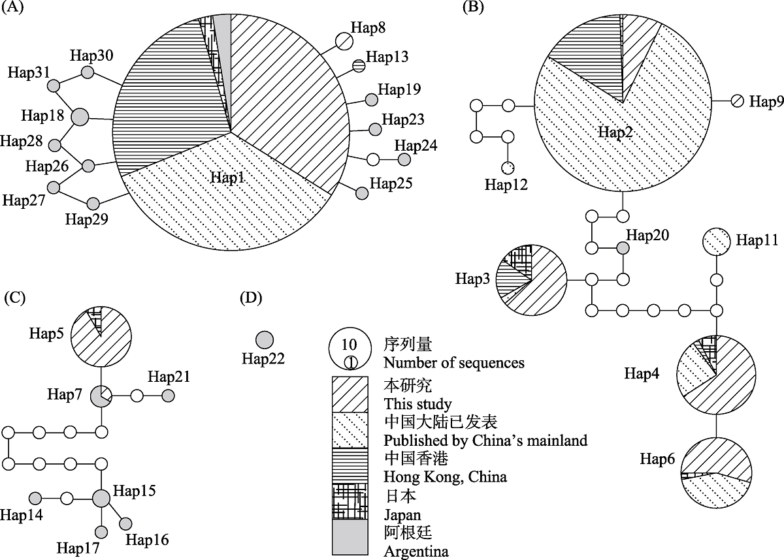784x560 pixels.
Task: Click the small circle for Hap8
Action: [344, 41]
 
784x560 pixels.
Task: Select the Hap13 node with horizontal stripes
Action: [359, 65]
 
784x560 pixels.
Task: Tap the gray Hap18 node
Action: [80, 117]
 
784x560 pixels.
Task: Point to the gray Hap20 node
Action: [623, 248]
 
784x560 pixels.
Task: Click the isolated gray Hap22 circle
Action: [265, 340]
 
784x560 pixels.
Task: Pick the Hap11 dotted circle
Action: [717, 241]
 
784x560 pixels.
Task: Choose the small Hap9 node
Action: [737, 101]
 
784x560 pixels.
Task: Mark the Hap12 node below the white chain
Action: [508, 168]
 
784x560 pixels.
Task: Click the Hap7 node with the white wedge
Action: [101, 396]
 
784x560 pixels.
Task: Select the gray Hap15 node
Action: [101, 499]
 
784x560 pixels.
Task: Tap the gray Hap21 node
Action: [168, 396]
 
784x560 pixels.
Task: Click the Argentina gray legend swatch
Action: [350, 537]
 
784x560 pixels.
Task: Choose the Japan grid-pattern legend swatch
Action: [350, 501]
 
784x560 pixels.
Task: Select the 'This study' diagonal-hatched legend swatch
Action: [350, 394]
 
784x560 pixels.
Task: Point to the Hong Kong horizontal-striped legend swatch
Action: [350, 465]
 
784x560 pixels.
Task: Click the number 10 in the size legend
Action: [349, 345]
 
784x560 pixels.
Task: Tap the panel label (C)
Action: [14, 298]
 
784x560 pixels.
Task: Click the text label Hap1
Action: [227, 178]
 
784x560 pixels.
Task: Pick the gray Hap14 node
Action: [35, 498]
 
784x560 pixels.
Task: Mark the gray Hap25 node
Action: [362, 193]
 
